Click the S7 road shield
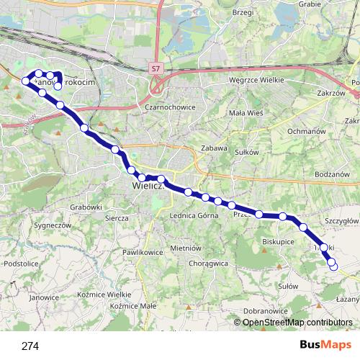click(156, 68)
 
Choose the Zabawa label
click(215, 148)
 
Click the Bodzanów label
click(331, 175)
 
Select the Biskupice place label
click(278, 242)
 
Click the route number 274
click(30, 346)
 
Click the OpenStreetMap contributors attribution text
click(297, 323)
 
